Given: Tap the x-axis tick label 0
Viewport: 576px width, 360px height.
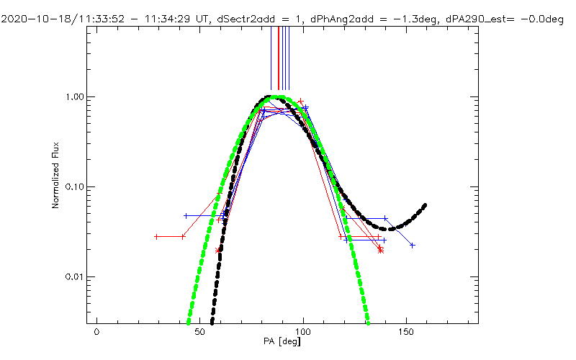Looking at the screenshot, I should tap(96, 333).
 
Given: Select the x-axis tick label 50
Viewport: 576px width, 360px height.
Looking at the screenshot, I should tap(199, 333).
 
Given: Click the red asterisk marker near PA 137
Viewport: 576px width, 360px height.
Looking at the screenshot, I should tap(380, 251).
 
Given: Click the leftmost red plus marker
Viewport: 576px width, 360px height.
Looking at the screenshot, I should tap(156, 236).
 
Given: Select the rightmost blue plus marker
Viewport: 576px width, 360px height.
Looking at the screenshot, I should tap(413, 246).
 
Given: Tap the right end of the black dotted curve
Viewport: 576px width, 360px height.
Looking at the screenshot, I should tap(425, 205).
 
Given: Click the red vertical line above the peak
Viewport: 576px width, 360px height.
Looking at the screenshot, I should tap(279, 58).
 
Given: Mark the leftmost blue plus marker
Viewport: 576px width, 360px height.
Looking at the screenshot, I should tap(186, 216).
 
